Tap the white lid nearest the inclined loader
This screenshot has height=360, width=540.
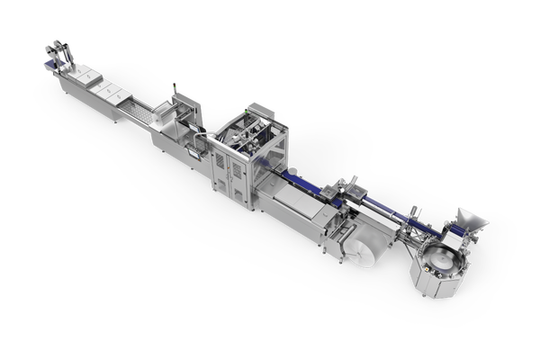pyautogui.click(x=86, y=84)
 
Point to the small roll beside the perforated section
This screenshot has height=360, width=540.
pyautogui.click(x=148, y=113)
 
